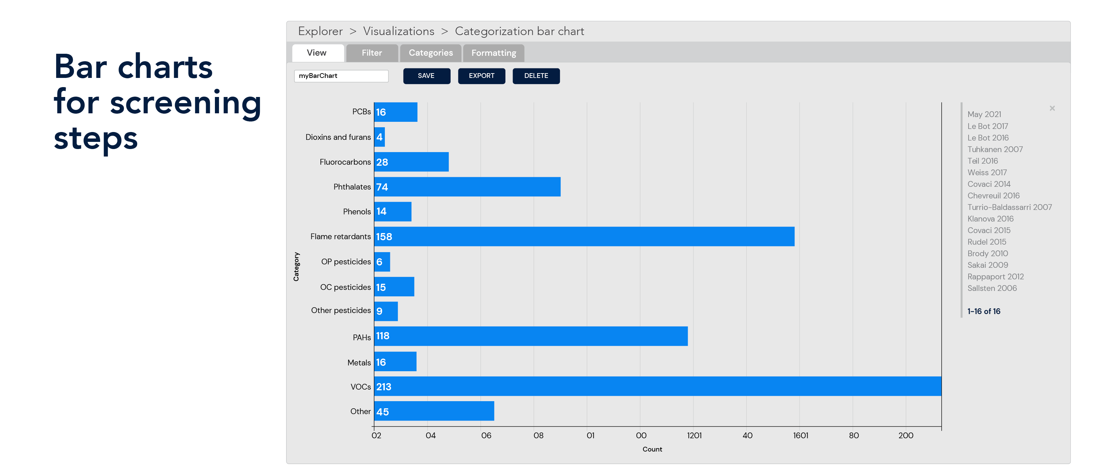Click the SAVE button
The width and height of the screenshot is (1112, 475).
coord(426,76)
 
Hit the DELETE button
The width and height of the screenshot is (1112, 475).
coord(536,76)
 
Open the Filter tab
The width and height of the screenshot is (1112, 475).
coord(372,53)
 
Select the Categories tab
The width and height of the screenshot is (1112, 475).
coord(430,53)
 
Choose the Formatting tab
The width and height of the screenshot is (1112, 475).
coord(494,53)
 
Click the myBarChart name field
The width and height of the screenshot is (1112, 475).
coord(341,76)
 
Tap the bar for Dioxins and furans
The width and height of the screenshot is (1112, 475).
coord(379,137)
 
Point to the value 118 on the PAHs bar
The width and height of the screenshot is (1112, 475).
coord(382,336)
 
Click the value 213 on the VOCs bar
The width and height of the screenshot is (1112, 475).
coord(383,387)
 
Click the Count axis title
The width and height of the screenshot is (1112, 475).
coord(652,449)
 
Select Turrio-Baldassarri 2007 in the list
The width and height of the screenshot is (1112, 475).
coord(1009,207)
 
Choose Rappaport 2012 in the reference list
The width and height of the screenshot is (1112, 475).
coord(995,277)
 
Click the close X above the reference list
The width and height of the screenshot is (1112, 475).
coord(1052,108)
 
